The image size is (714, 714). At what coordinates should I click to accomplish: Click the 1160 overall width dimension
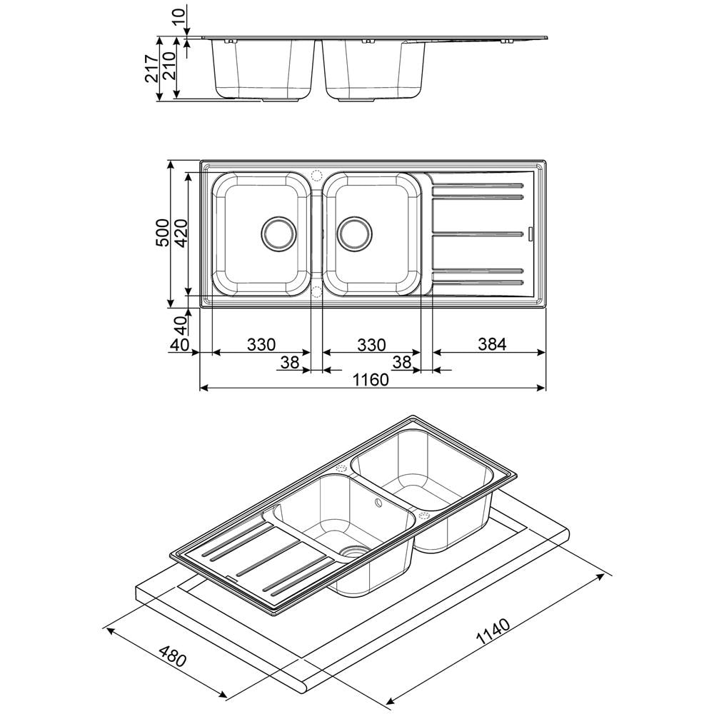[371, 379]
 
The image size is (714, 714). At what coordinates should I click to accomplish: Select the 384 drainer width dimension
[492, 344]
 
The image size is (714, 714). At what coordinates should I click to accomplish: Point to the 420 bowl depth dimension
[181, 233]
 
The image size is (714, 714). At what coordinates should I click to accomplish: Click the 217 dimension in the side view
[151, 69]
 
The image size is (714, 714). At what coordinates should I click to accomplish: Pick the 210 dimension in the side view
[169, 66]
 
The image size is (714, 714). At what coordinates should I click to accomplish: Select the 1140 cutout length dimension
[493, 632]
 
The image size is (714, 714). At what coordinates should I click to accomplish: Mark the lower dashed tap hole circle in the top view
[316, 291]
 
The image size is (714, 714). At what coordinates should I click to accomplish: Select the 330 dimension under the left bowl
[261, 345]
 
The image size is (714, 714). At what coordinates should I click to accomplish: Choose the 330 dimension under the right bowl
[371, 345]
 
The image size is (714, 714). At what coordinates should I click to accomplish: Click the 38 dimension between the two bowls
[290, 362]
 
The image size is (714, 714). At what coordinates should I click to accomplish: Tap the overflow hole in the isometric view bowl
[378, 503]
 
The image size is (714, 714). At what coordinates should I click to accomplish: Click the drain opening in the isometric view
[354, 552]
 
